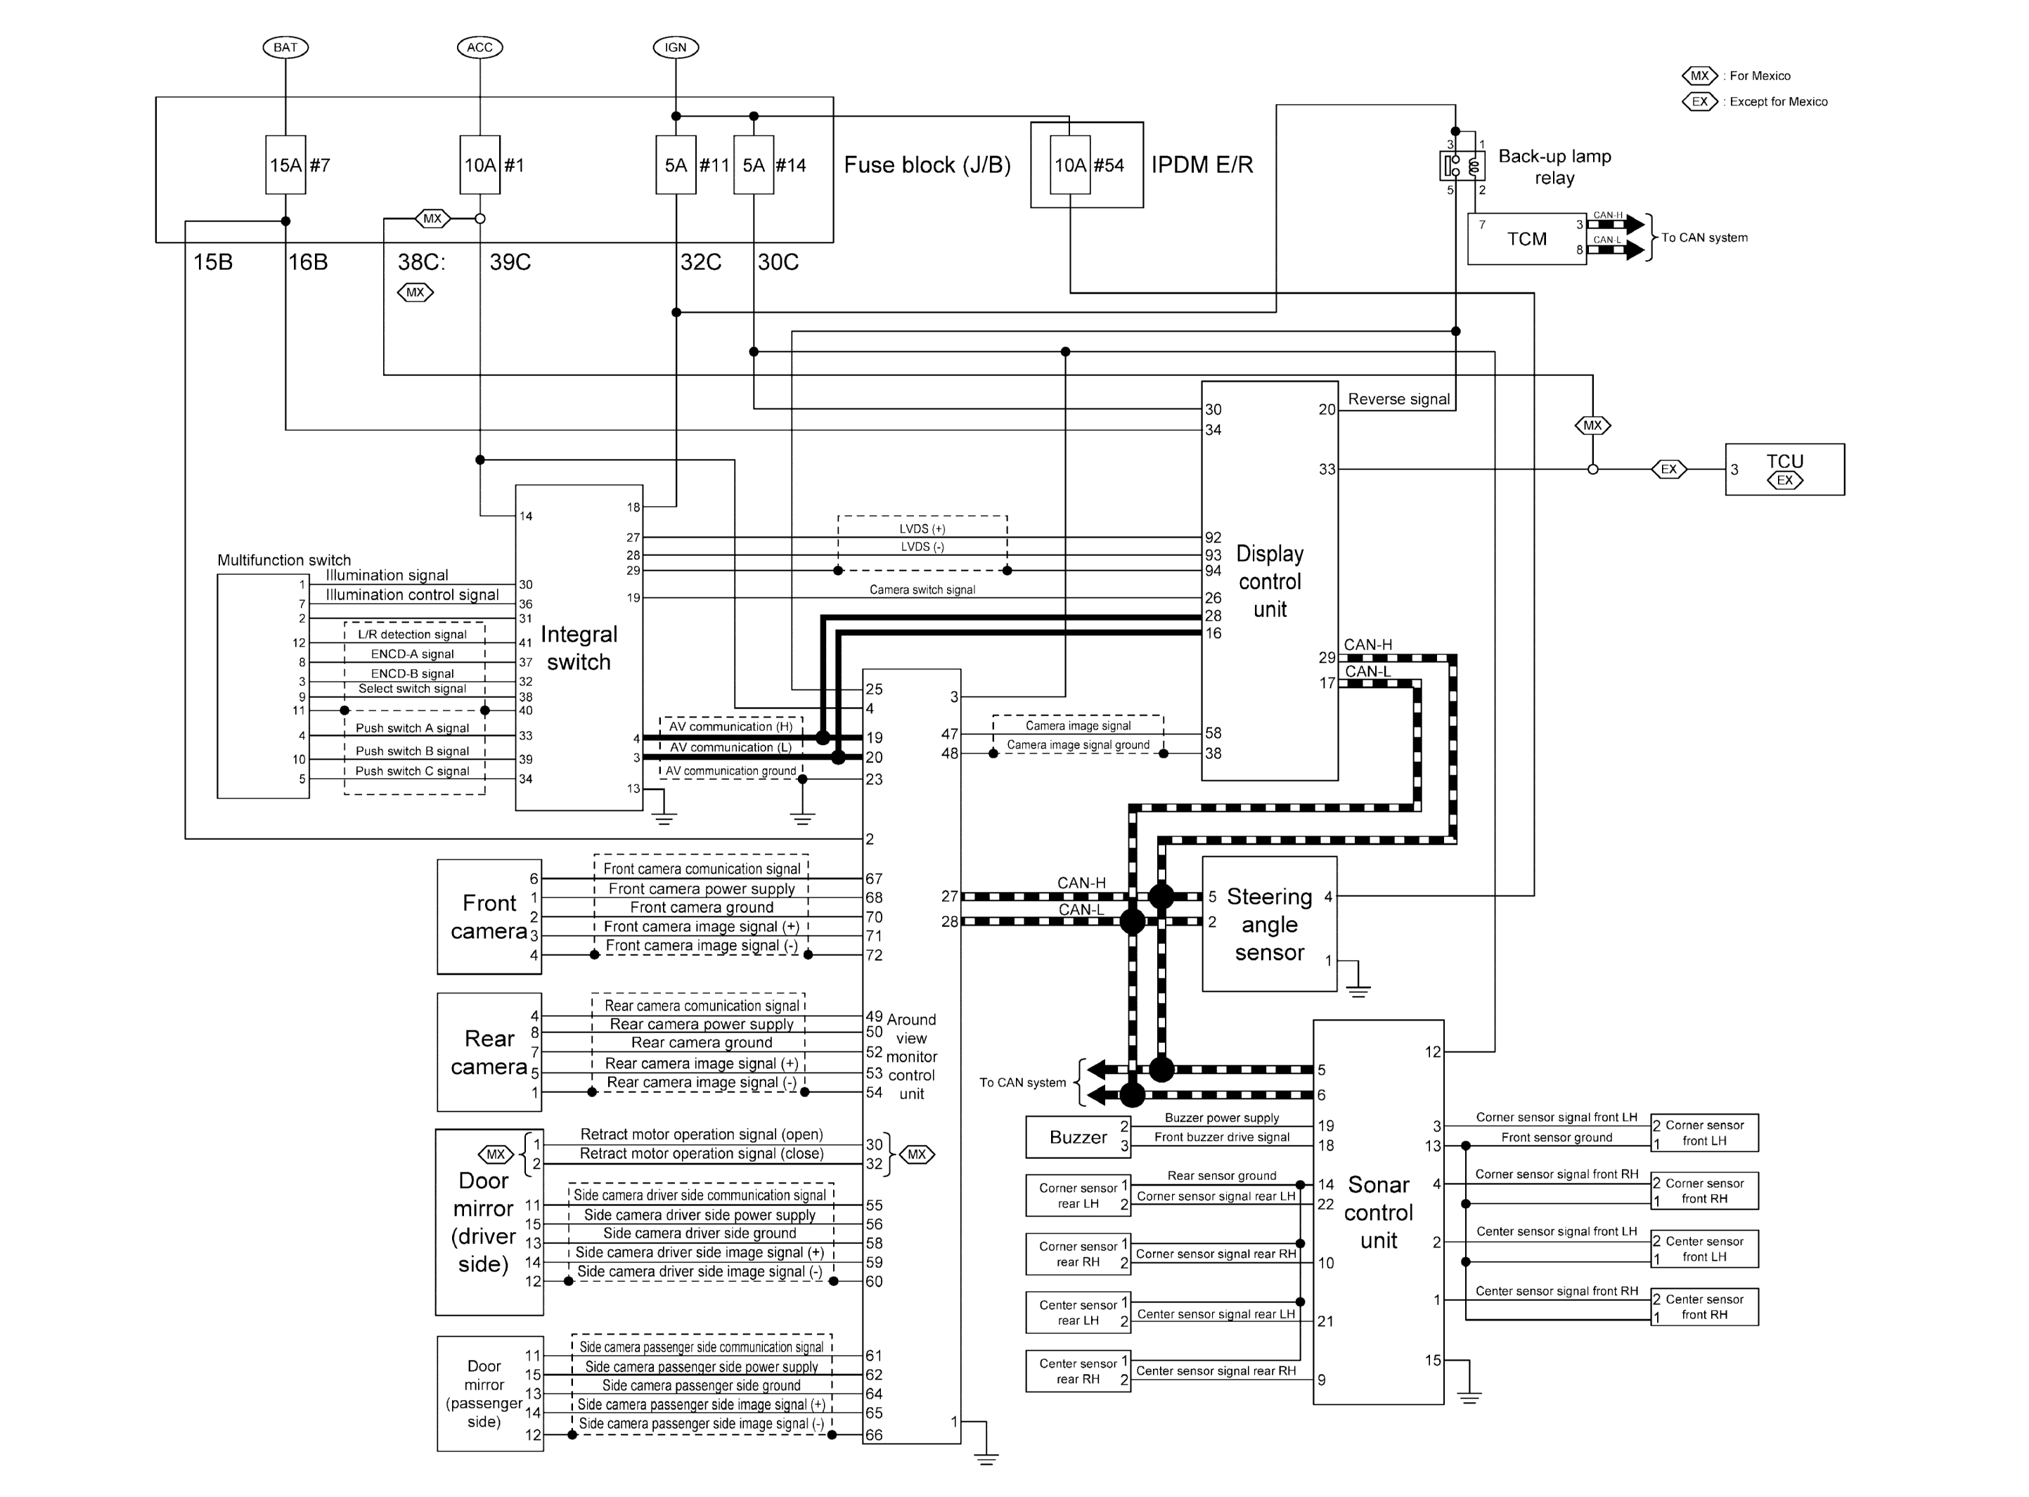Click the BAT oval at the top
285,47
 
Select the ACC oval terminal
479,47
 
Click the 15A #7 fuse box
285,165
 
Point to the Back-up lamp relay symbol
1462,166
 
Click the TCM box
1526,239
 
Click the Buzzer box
1078,1137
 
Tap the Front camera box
489,917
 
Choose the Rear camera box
489,1052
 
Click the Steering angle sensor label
1269,924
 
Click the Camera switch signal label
922,590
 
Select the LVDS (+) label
922,529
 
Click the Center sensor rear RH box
1078,1371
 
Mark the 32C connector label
700,263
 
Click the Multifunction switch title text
283,560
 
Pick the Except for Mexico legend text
1778,101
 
